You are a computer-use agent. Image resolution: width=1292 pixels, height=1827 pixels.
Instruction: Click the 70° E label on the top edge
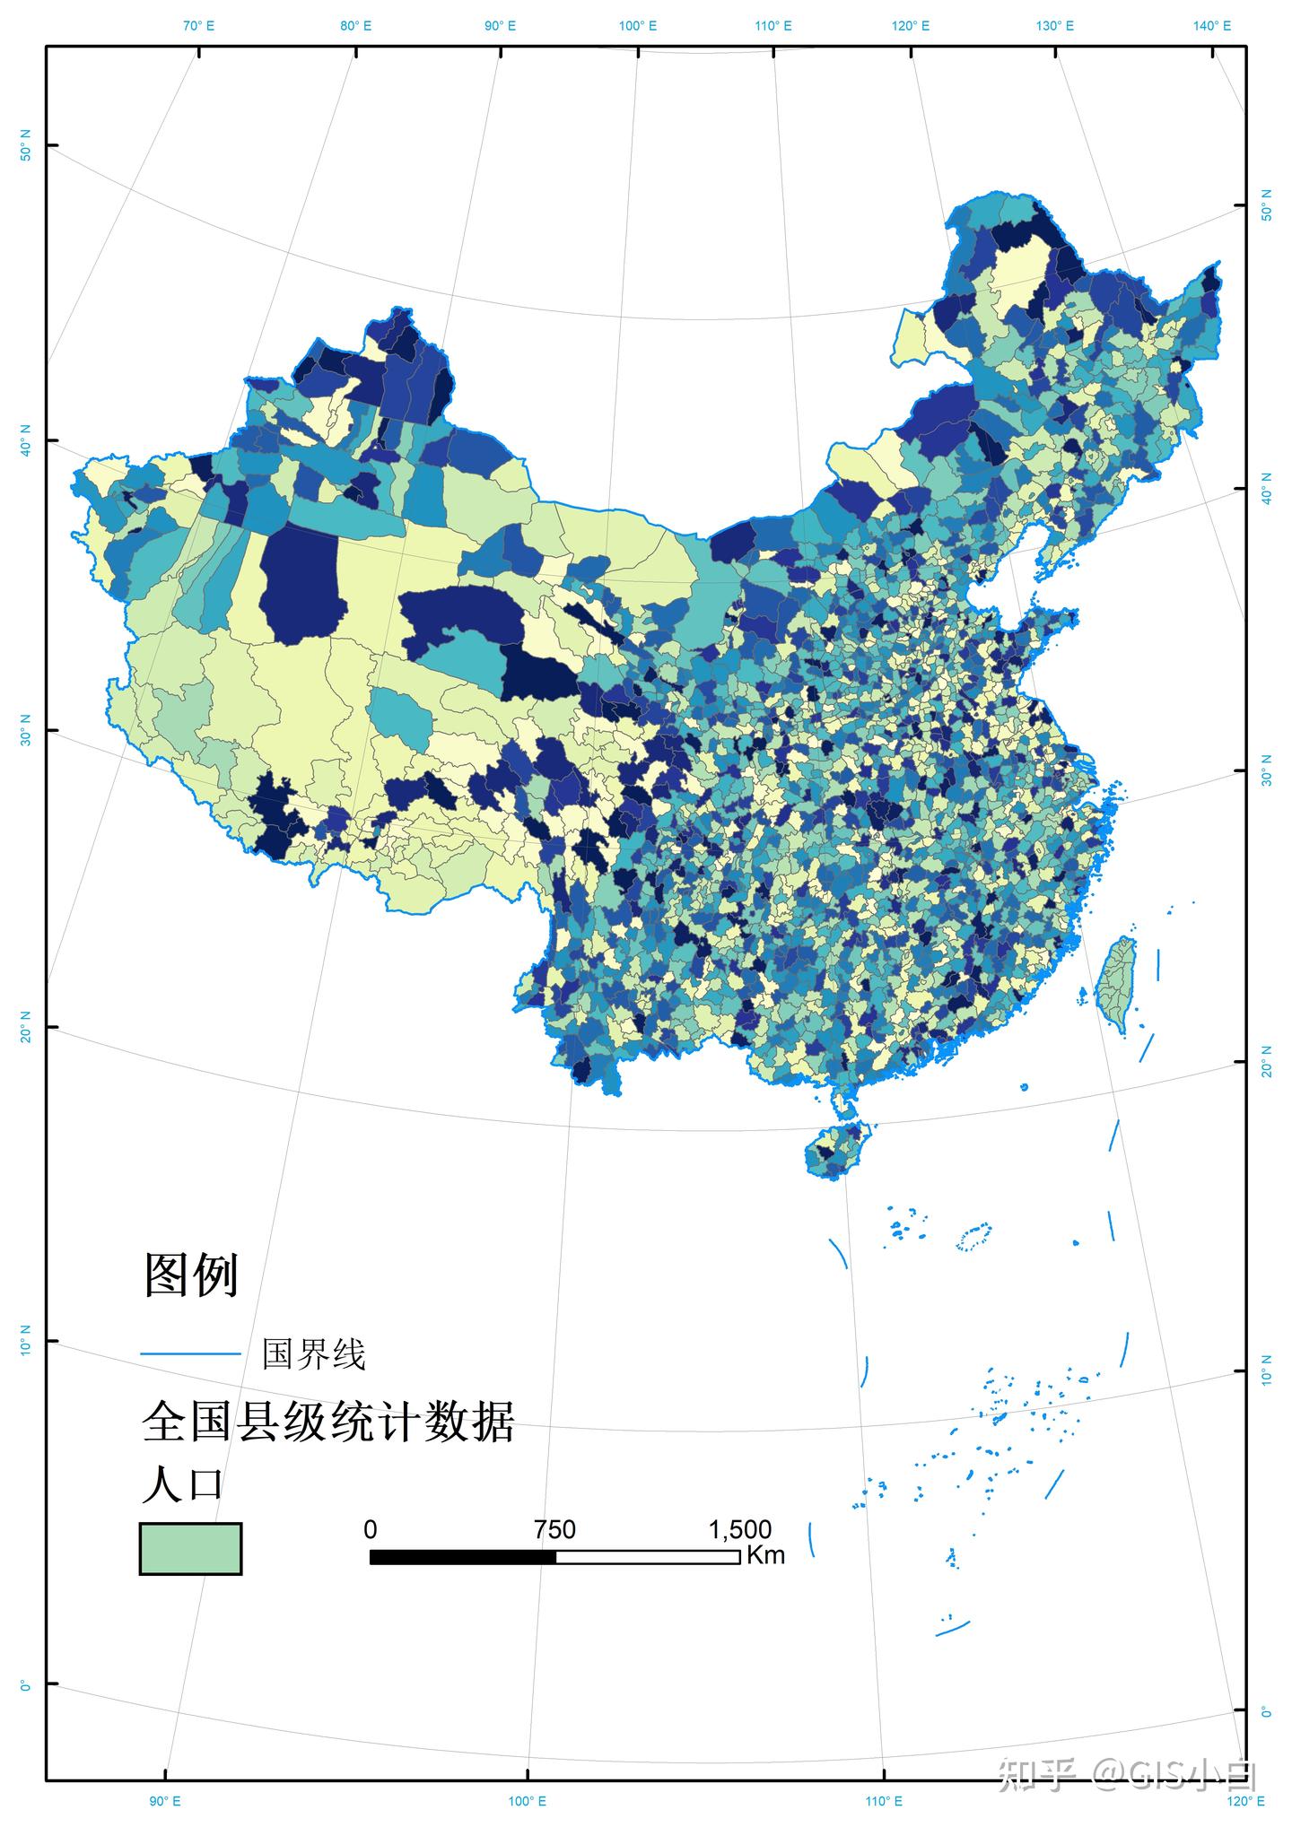(x=198, y=25)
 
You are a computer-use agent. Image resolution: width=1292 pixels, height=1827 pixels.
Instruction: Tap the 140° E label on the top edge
(x=1212, y=25)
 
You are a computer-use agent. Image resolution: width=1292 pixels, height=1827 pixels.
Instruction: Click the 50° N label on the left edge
(x=25, y=145)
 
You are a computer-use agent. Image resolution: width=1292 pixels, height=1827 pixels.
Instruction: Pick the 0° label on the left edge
(x=25, y=1686)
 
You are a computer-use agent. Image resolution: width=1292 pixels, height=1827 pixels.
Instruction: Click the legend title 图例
(x=191, y=1275)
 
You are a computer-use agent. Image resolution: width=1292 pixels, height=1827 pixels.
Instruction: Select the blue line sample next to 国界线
(x=190, y=1353)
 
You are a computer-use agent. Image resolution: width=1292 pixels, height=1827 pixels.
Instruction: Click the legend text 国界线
(x=313, y=1353)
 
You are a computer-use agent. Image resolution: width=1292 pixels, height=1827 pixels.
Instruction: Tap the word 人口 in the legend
(x=182, y=1485)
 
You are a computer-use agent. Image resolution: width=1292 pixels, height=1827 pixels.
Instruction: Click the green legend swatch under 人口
(x=190, y=1548)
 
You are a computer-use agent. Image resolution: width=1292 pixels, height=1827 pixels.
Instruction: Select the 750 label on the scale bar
(x=554, y=1529)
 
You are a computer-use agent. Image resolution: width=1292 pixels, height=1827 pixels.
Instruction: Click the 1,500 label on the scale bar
(x=740, y=1529)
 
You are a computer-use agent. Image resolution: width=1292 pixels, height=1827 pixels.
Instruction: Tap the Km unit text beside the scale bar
(x=765, y=1554)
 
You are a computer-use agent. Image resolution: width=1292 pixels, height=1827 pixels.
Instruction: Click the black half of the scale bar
(x=463, y=1556)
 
